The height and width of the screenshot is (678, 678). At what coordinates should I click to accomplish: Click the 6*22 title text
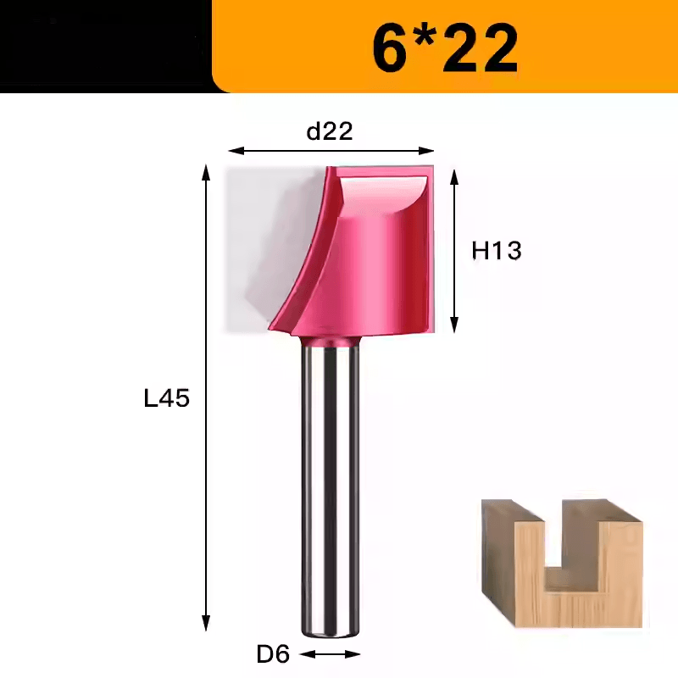[x=445, y=47]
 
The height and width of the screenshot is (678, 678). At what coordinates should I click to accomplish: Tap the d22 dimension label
[x=330, y=131]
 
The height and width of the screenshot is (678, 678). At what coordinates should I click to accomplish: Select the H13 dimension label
[x=496, y=251]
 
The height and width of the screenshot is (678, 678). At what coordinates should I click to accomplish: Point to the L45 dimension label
[x=166, y=398]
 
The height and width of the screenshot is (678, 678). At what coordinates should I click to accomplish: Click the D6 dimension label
[x=273, y=654]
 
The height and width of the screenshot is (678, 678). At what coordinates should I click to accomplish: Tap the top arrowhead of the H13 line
[x=454, y=176]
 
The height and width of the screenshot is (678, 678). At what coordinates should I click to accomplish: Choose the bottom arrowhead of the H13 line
[x=454, y=325]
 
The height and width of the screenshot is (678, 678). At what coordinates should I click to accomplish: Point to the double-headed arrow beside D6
[x=330, y=654]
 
